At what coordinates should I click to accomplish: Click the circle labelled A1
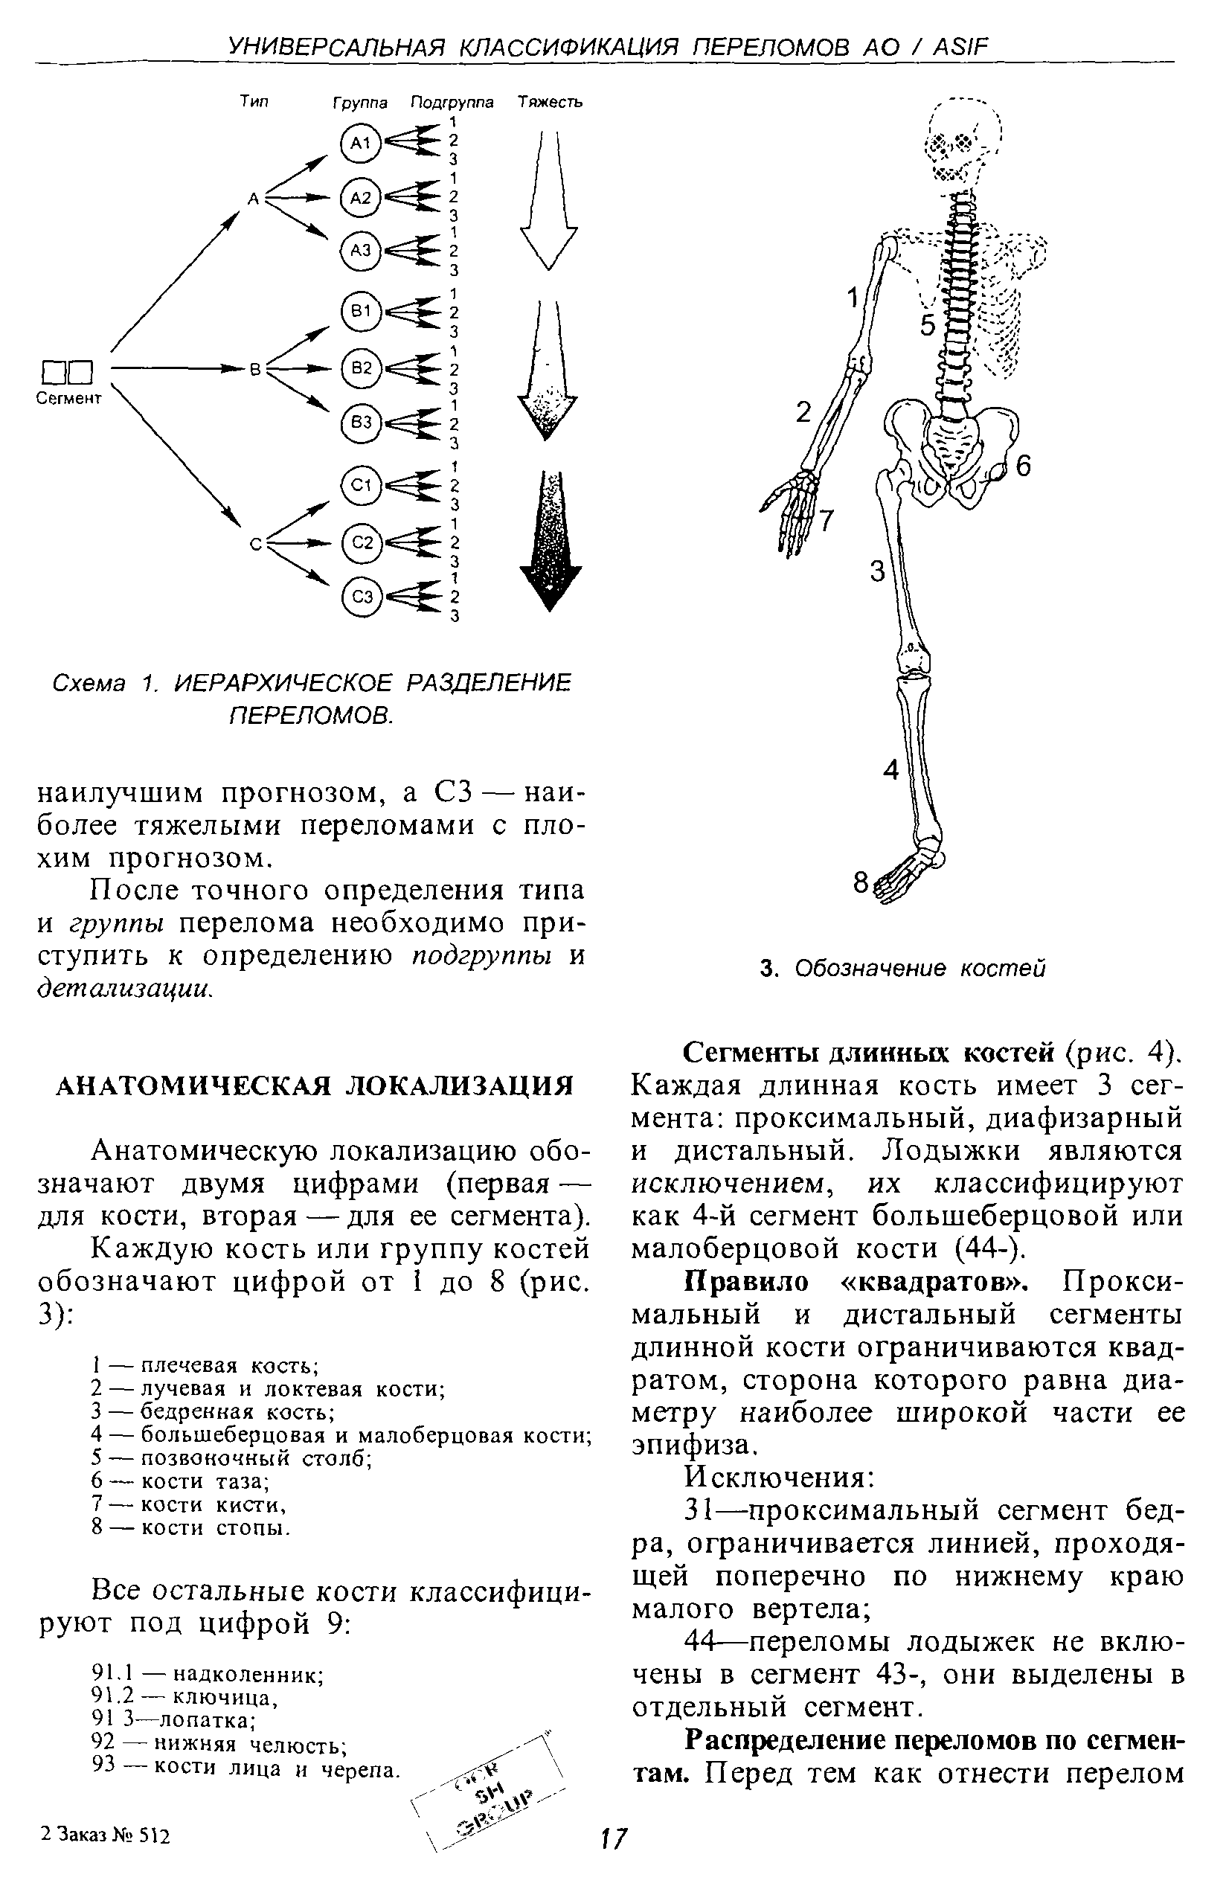[x=361, y=143]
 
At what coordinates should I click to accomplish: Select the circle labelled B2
[x=361, y=368]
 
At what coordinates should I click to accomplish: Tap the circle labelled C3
[x=362, y=597]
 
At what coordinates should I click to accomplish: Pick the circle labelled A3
[x=361, y=251]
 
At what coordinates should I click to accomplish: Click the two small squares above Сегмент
[x=68, y=371]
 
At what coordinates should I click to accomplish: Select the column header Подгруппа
[x=452, y=103]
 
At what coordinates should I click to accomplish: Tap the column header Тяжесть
[x=550, y=103]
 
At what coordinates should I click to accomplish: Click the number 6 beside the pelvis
[x=1023, y=466]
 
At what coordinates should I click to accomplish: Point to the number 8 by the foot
[x=861, y=882]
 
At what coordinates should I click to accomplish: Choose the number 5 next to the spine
[x=928, y=325]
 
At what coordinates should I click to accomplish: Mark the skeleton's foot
[x=908, y=873]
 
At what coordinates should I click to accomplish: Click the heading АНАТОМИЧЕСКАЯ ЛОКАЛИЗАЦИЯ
[x=314, y=1086]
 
